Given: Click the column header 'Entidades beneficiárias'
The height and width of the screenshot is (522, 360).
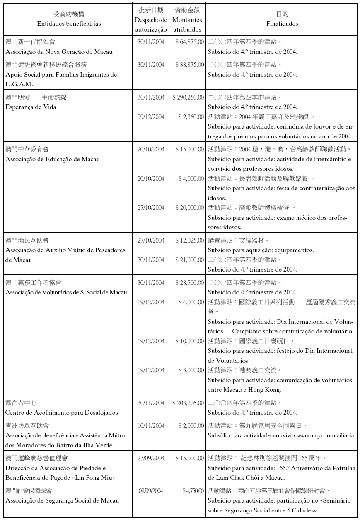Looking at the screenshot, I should pyautogui.click(x=69, y=24).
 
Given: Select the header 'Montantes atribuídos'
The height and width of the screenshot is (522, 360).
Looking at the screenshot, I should pyautogui.click(x=187, y=24).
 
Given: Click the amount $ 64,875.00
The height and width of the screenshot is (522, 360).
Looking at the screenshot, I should pyautogui.click(x=189, y=42).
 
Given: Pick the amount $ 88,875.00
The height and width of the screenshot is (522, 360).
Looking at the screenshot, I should pyautogui.click(x=189, y=65).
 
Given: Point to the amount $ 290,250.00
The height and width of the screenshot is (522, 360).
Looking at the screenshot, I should pyautogui.click(x=188, y=97).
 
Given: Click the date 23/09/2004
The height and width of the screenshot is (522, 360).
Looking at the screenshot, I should pyautogui.click(x=151, y=458).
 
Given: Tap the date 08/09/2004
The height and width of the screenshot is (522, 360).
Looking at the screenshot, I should pyautogui.click(x=151, y=491).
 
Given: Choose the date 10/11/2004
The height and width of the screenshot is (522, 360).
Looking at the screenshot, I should pyautogui.click(x=151, y=426).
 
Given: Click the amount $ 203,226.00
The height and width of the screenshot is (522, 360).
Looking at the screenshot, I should pyautogui.click(x=188, y=403).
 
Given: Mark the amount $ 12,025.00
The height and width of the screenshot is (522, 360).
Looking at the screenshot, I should pyautogui.click(x=189, y=240).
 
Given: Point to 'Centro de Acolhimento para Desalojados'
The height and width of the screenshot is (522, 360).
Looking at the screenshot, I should pyautogui.click(x=62, y=413).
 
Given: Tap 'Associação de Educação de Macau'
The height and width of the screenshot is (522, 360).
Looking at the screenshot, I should pyautogui.click(x=53, y=159).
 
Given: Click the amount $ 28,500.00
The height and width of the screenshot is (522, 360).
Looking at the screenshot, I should pyautogui.click(x=189, y=283).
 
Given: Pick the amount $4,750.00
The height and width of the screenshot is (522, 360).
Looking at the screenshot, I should pyautogui.click(x=193, y=491).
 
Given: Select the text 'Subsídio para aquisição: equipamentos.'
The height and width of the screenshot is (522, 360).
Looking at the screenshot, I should pyautogui.click(x=261, y=250).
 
